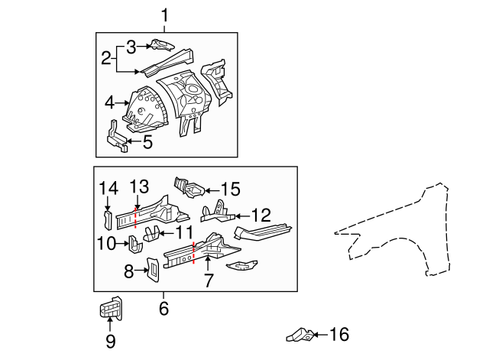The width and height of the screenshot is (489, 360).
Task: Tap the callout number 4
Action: coord(109,102)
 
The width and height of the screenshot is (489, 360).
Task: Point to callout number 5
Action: coord(147,141)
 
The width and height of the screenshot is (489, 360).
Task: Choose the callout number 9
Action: coord(110,342)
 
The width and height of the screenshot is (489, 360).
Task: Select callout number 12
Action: coord(261,216)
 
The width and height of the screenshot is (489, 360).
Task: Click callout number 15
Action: coord(230,187)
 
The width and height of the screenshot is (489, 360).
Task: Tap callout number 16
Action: coord(340,334)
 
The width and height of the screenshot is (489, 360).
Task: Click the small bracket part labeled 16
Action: coord(299,334)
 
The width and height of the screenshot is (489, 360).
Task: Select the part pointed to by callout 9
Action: coord(111,310)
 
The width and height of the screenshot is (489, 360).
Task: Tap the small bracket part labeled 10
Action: coord(133,245)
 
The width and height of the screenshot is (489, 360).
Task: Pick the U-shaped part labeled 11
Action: coord(156,235)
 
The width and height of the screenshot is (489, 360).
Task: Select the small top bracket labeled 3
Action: coord(160,45)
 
